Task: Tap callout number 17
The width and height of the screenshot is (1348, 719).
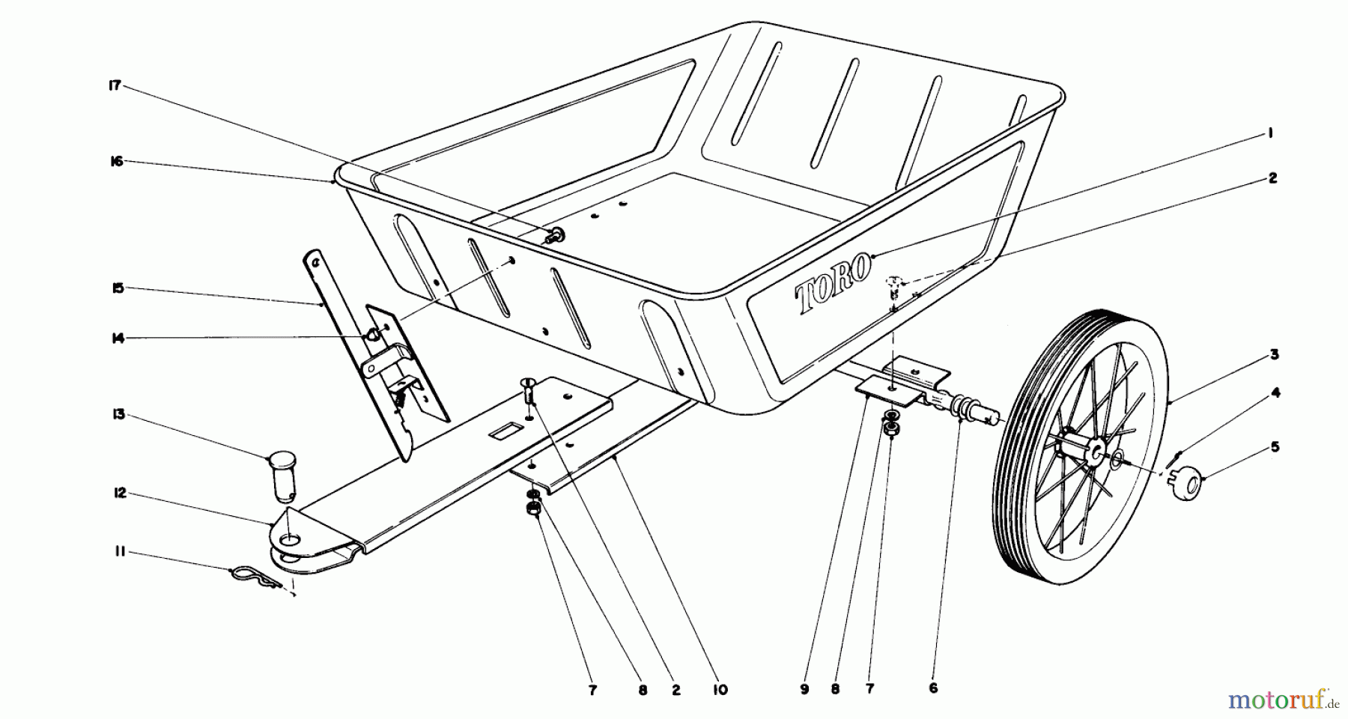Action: (x=115, y=86)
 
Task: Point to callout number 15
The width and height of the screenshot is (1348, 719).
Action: (x=116, y=288)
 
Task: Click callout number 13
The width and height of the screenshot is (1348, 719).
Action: (x=116, y=415)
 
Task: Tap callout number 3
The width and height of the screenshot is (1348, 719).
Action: (x=1274, y=354)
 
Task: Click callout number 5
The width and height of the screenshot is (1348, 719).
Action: (x=1274, y=447)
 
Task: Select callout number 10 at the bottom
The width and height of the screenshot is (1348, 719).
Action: (x=720, y=690)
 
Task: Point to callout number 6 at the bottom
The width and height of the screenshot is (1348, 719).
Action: (x=932, y=689)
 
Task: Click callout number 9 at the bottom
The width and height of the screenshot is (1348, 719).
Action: (x=804, y=690)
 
